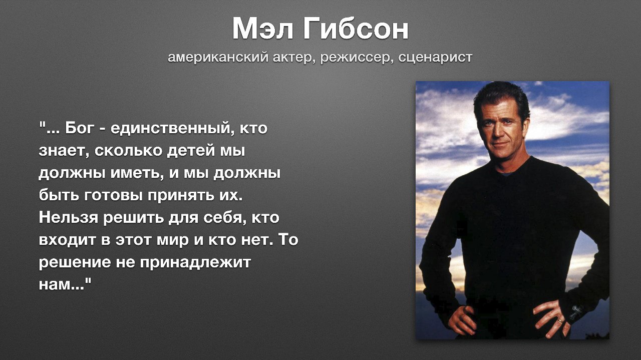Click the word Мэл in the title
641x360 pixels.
point(263,29)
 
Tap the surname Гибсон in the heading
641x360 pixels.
point(356,29)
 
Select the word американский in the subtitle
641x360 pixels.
point(218,58)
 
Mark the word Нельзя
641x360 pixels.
point(69,217)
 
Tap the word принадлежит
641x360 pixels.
point(195,263)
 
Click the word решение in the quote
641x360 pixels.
point(75,263)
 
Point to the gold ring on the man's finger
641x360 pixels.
point(559,321)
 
